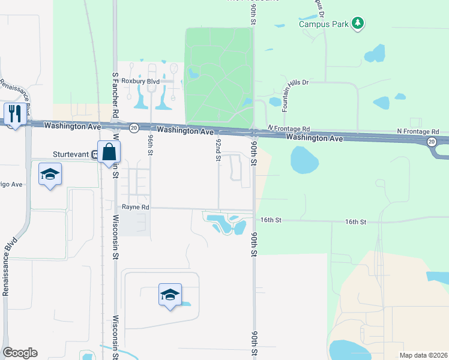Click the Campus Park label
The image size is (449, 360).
324,25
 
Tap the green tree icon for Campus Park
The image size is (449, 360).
358,23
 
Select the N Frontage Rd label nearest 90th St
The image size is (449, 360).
289,128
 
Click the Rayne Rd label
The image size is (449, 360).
135,207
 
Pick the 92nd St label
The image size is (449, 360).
218,151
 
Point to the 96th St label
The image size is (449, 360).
151,145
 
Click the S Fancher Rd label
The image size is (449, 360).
115,88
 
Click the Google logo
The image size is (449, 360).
20,353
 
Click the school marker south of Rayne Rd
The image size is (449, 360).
170,295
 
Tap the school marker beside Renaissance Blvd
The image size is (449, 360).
51,175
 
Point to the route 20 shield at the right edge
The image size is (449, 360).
432,142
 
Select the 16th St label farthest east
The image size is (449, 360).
356,222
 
